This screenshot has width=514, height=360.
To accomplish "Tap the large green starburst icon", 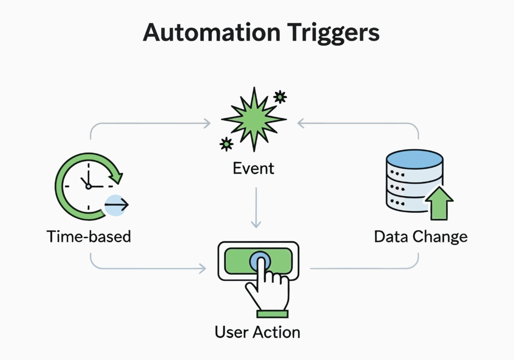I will coord(253,119).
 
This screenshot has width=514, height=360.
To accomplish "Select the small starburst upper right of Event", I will coord(280,96).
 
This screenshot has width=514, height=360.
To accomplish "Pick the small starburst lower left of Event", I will coord(226,144).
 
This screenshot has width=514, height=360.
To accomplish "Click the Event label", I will coord(253,168).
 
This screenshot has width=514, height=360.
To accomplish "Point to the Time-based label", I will coord(89,236).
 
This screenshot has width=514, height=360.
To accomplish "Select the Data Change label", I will coord(421,236).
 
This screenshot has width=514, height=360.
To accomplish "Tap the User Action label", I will coord(257,332).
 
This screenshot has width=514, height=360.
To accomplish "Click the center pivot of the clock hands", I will coord(88,186).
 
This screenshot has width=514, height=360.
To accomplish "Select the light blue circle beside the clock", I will coord(115,205).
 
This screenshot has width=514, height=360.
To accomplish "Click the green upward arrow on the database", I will coord(439,204).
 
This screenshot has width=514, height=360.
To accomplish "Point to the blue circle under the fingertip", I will coord(260,261).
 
